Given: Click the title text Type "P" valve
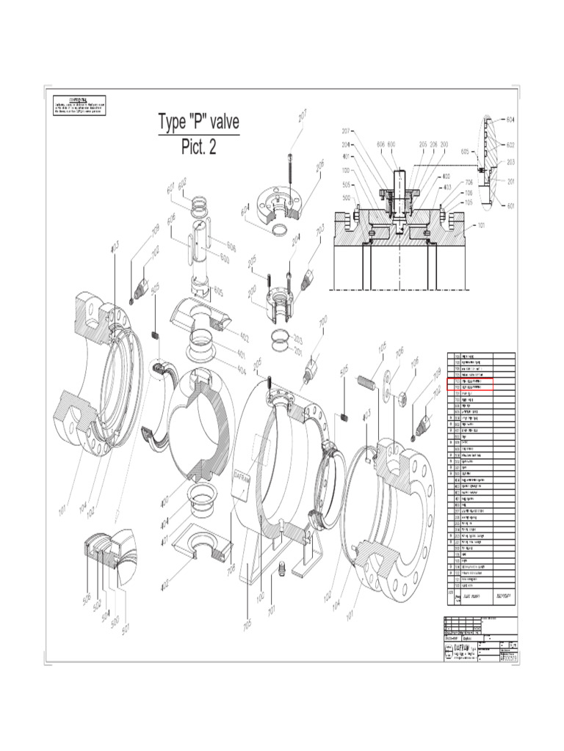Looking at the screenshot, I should [x=199, y=122].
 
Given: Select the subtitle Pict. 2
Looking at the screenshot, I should [x=199, y=147].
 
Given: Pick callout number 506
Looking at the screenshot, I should [x=87, y=601].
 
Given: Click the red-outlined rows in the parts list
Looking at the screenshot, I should [x=470, y=386].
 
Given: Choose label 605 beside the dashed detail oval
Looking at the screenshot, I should [x=465, y=152].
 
